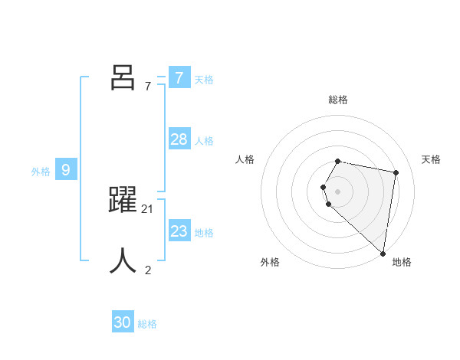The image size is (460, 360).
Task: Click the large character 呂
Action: (123, 77)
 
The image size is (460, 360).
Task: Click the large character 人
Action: (123, 260)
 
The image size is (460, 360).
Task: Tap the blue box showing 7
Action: (179, 78)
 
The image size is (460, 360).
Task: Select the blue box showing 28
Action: (179, 139)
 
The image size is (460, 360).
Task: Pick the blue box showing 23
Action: (179, 231)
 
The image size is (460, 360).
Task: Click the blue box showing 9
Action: (66, 170)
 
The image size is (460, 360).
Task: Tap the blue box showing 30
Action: (123, 323)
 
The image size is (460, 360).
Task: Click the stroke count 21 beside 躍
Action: (148, 208)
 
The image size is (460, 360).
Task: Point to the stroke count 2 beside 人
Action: (148, 270)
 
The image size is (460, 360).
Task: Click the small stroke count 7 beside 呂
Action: (148, 86)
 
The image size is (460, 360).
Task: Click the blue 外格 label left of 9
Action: (41, 172)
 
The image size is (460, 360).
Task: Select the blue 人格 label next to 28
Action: (204, 141)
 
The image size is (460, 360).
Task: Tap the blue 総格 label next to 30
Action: (147, 325)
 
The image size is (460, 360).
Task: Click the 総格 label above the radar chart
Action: (338, 100)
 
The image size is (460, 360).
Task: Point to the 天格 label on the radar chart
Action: (431, 159)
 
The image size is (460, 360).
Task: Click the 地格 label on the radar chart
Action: (402, 262)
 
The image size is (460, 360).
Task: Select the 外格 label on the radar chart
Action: (270, 262)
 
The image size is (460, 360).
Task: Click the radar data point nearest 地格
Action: (383, 253)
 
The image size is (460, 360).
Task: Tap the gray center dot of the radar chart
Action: (337, 191)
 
